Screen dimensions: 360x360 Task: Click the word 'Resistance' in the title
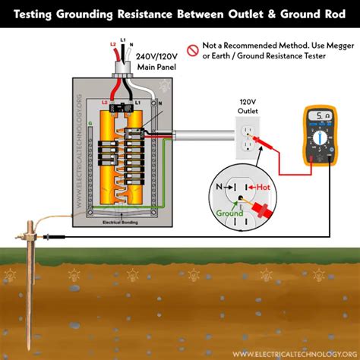[x=157, y=13]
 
